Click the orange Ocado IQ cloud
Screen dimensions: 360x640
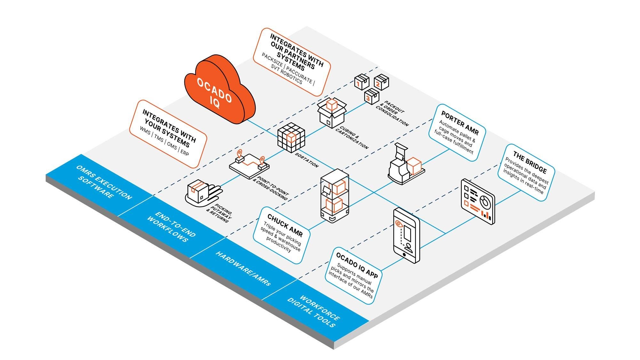click(219, 91)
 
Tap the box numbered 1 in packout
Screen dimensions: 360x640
click(361, 82)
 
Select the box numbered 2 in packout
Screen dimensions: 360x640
click(381, 82)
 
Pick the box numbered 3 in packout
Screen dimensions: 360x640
click(372, 96)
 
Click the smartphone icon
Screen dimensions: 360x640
click(406, 235)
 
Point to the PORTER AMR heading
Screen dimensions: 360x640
click(460, 123)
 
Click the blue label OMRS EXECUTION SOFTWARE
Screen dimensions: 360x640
click(104, 182)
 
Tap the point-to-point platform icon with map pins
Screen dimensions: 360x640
click(249, 165)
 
